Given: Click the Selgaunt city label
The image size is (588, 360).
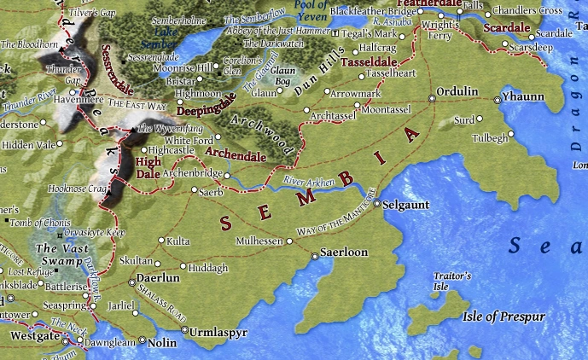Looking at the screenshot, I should click(x=405, y=206).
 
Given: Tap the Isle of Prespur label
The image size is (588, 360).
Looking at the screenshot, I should click(x=503, y=316).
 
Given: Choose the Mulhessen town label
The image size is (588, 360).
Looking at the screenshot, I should click(x=259, y=241).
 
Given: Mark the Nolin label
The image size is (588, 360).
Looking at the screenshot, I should click(x=162, y=343).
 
